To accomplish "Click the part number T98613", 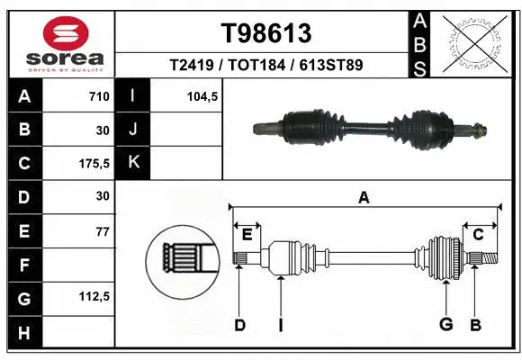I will click(265, 33).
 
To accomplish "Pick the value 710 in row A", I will click(98, 96).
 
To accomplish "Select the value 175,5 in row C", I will click(94, 164).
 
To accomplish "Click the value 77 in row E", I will click(102, 231).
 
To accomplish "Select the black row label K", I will click(133, 164).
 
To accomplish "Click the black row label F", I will click(24, 265).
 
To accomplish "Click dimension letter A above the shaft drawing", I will click(364, 198).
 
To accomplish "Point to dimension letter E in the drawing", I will click(247, 234).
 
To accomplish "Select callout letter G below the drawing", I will click(444, 324).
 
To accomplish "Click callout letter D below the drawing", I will click(239, 324).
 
